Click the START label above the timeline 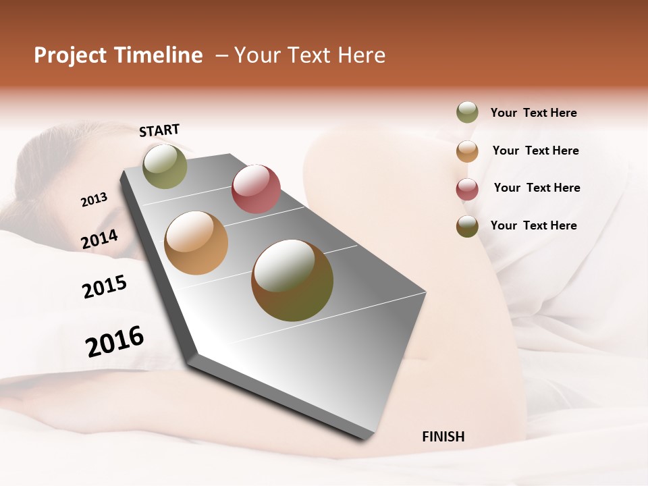coord(159,130)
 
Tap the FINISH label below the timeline coord(443,437)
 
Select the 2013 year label coord(94,200)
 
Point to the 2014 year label coord(99,240)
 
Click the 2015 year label coord(105,287)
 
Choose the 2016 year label coord(115,341)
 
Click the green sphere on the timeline coord(165,166)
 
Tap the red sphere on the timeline coord(256,189)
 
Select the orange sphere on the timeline coord(196,243)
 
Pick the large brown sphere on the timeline coord(292,280)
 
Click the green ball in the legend coord(467,112)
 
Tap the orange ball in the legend coord(467,151)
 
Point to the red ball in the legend coord(467,189)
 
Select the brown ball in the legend coord(467,226)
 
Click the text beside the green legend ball coord(533,113)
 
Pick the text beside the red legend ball coord(537,188)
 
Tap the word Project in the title coord(70,55)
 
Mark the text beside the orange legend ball coord(535,151)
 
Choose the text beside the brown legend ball coord(533,225)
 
